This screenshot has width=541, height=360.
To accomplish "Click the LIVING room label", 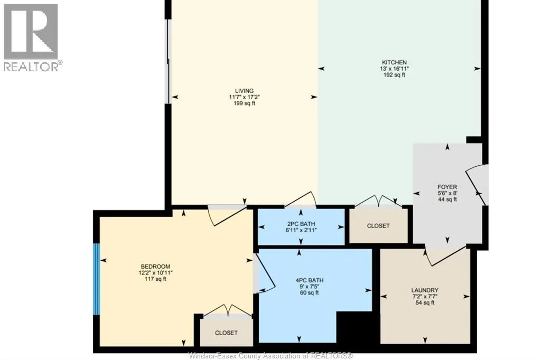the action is pyautogui.click(x=245, y=91).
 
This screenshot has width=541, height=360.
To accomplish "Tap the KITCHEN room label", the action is pyautogui.click(x=394, y=62).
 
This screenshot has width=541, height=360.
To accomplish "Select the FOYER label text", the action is pyautogui.click(x=447, y=187).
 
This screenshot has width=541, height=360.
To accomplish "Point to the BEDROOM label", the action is pyautogui.click(x=155, y=267).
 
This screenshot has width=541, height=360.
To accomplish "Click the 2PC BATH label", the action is pyautogui.click(x=301, y=224).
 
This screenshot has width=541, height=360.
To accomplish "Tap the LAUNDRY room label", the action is pyautogui.click(x=425, y=290).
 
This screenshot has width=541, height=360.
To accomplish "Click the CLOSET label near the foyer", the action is pyautogui.click(x=378, y=226).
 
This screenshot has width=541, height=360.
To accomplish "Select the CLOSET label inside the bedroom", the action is pyautogui.click(x=226, y=333).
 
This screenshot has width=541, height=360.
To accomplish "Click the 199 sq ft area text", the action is pyautogui.click(x=245, y=103).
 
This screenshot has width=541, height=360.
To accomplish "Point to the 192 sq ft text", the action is pyautogui.click(x=394, y=75).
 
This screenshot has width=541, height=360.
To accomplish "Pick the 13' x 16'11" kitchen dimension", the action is pyautogui.click(x=394, y=69).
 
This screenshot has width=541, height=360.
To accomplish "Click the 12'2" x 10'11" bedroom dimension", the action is pyautogui.click(x=155, y=273).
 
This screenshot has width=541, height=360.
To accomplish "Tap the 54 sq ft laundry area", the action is pyautogui.click(x=425, y=303).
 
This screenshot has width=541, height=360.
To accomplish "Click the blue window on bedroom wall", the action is pyautogui.click(x=97, y=279).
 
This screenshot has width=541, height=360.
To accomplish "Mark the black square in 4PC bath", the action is pyautogui.click(x=354, y=328).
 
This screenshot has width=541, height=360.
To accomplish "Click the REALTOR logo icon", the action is pyautogui.click(x=31, y=32).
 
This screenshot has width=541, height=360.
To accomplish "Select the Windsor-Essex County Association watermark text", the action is pyautogui.click(x=271, y=356).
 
